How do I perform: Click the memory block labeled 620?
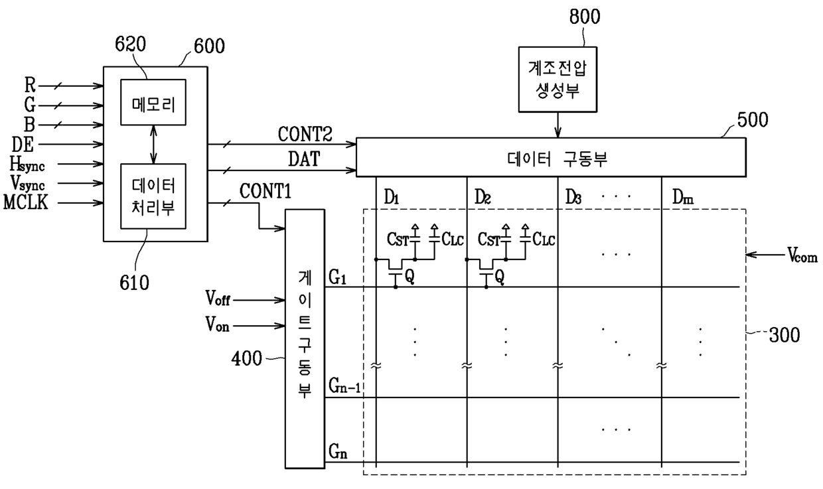pos(153,102)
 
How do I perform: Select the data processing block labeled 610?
pos(153,196)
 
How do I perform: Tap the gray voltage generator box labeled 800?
pos(558,80)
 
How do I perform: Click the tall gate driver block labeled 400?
pos(305,339)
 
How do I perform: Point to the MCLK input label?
pos(26,202)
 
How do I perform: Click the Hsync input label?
pos(27,165)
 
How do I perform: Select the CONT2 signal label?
pos(305,134)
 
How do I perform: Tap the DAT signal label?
pos(304,159)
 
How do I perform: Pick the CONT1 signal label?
pos(265,191)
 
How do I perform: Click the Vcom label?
pos(802,255)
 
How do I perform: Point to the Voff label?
pos(218,298)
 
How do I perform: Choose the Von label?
pos(217,324)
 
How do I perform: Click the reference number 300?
pos(785,335)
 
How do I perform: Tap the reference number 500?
pos(753,120)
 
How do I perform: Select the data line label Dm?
pos(683,197)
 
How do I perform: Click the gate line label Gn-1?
pos(344,386)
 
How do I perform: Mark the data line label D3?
pos(573,197)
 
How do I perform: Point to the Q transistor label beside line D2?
pos(499,277)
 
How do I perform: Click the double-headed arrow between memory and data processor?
pos(153,145)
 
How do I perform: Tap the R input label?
pos(30,85)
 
